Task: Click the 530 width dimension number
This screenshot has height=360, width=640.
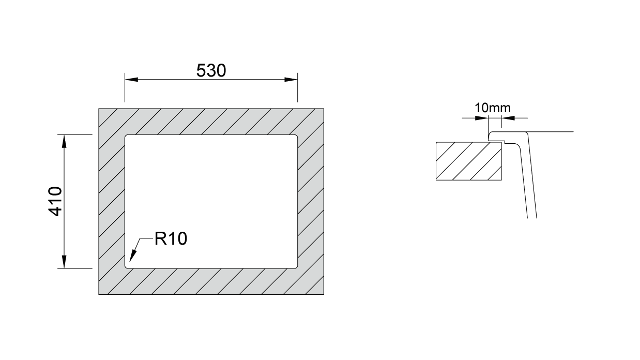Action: (x=211, y=70)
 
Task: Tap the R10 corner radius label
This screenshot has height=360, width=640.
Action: (x=170, y=239)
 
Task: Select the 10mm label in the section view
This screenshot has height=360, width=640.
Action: (x=492, y=108)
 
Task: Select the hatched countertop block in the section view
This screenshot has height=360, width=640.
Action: (x=468, y=161)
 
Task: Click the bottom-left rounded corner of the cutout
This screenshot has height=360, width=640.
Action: (x=127, y=266)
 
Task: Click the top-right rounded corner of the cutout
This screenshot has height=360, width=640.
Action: (x=296, y=137)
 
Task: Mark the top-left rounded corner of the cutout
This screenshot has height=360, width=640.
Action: (x=127, y=137)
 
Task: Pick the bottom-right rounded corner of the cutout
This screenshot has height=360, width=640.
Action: (x=296, y=266)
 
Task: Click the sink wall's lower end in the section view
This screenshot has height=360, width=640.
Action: (x=531, y=216)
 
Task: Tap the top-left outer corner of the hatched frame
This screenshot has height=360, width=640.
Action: (x=99, y=109)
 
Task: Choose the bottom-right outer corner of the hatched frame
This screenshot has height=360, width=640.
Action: (x=324, y=294)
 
